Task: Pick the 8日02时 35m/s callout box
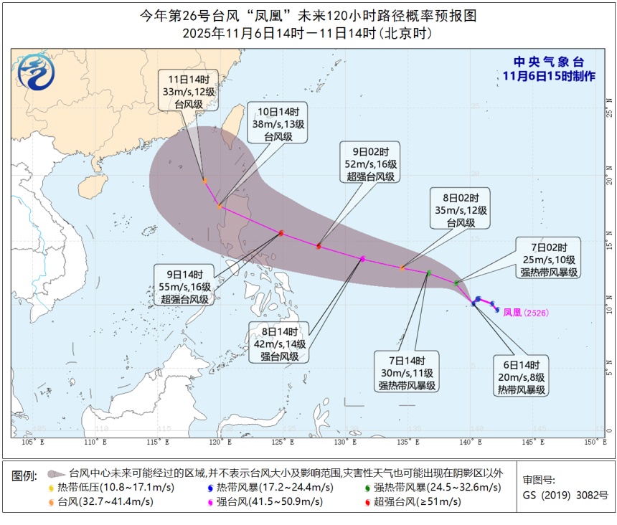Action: tap(461, 209)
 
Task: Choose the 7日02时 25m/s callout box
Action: tap(550, 258)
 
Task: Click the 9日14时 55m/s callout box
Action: tap(183, 285)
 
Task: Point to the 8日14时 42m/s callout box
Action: tap(278, 341)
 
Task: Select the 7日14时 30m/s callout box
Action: tap(408, 372)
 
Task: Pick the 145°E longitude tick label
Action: tap(532, 443)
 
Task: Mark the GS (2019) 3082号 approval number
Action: tap(565, 495)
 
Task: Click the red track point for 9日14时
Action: tap(281, 232)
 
